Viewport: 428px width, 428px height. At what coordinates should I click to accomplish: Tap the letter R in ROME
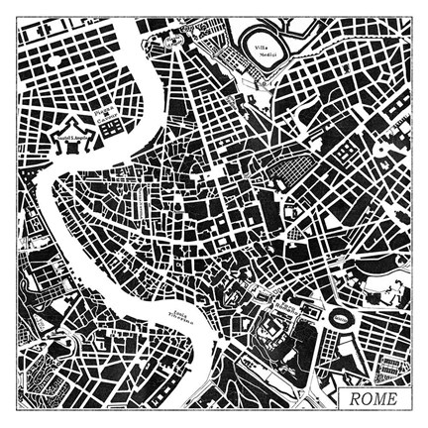coord(352,399)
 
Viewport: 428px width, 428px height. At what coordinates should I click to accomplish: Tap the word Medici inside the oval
coord(263,54)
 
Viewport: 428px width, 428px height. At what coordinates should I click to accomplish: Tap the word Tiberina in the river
coord(182,320)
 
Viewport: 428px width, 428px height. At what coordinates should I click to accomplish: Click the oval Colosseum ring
coord(340,319)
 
